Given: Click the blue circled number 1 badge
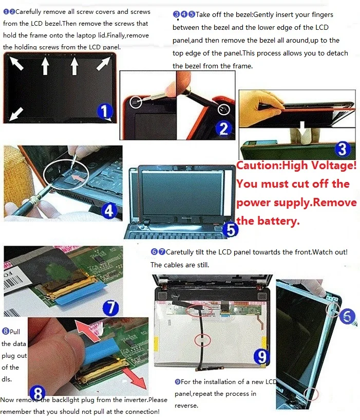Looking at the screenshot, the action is coord(105,111).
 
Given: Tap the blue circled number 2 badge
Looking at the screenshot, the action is coord(224,129).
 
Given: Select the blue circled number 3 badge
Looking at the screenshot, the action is coord(343,149).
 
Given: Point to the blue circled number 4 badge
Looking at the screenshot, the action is coord(109,211).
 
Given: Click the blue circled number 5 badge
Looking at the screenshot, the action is coord(231,230).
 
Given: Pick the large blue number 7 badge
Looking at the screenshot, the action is coord(111,308).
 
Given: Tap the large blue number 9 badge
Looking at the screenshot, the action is coord(261,357).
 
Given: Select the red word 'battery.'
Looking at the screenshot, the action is coord(278,221).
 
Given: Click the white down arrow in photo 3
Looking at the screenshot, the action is coord(302,126).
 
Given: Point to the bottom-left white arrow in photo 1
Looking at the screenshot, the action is coord(16,114).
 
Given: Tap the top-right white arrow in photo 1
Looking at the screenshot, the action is coord(103,64).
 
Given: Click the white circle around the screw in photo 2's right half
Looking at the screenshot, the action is coord(224,109).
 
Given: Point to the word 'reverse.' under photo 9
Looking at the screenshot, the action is coord(186,406).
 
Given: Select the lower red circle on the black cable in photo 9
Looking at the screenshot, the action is coord(202,340).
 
